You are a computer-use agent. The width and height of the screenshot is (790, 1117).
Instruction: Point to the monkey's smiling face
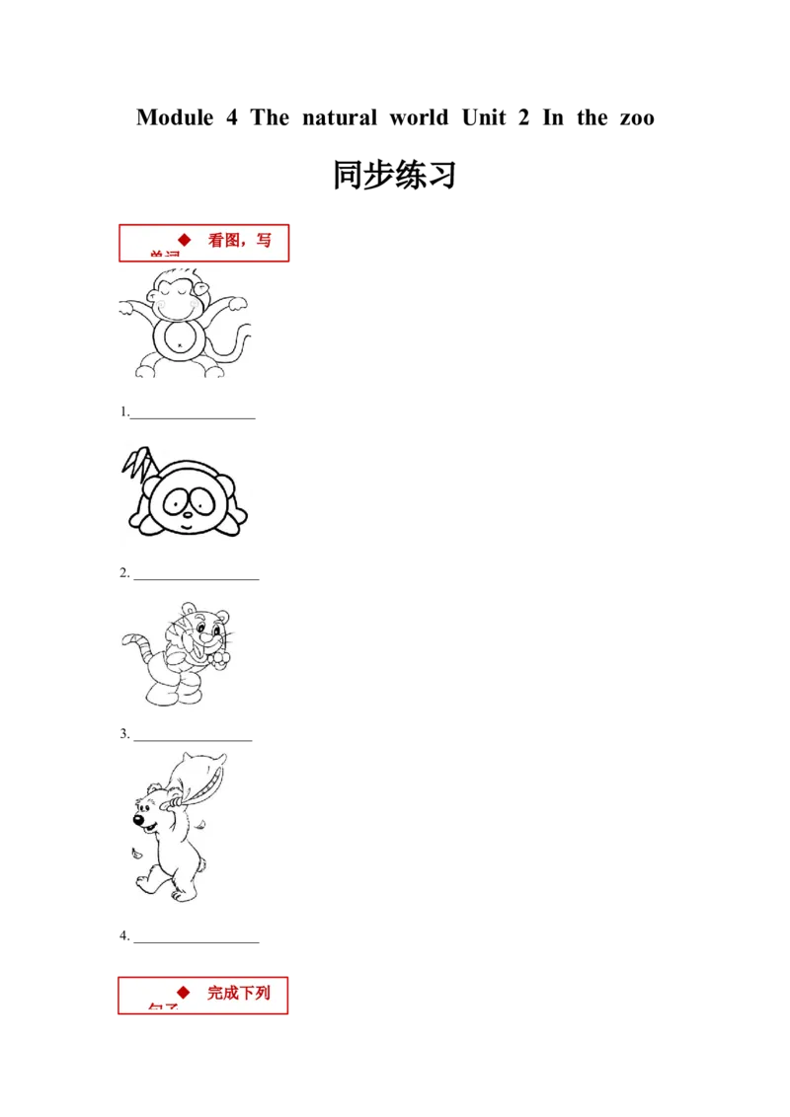(178, 296)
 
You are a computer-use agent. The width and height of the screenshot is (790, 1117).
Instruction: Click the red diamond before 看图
(184, 239)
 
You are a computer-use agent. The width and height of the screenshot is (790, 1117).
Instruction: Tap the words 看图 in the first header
(224, 240)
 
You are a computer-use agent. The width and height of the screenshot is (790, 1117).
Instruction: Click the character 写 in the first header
(263, 240)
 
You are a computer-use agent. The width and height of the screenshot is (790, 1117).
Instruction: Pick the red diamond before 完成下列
(183, 991)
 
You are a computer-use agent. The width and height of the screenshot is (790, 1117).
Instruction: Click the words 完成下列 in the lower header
(238, 992)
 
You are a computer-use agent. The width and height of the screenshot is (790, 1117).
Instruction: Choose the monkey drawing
(185, 323)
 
